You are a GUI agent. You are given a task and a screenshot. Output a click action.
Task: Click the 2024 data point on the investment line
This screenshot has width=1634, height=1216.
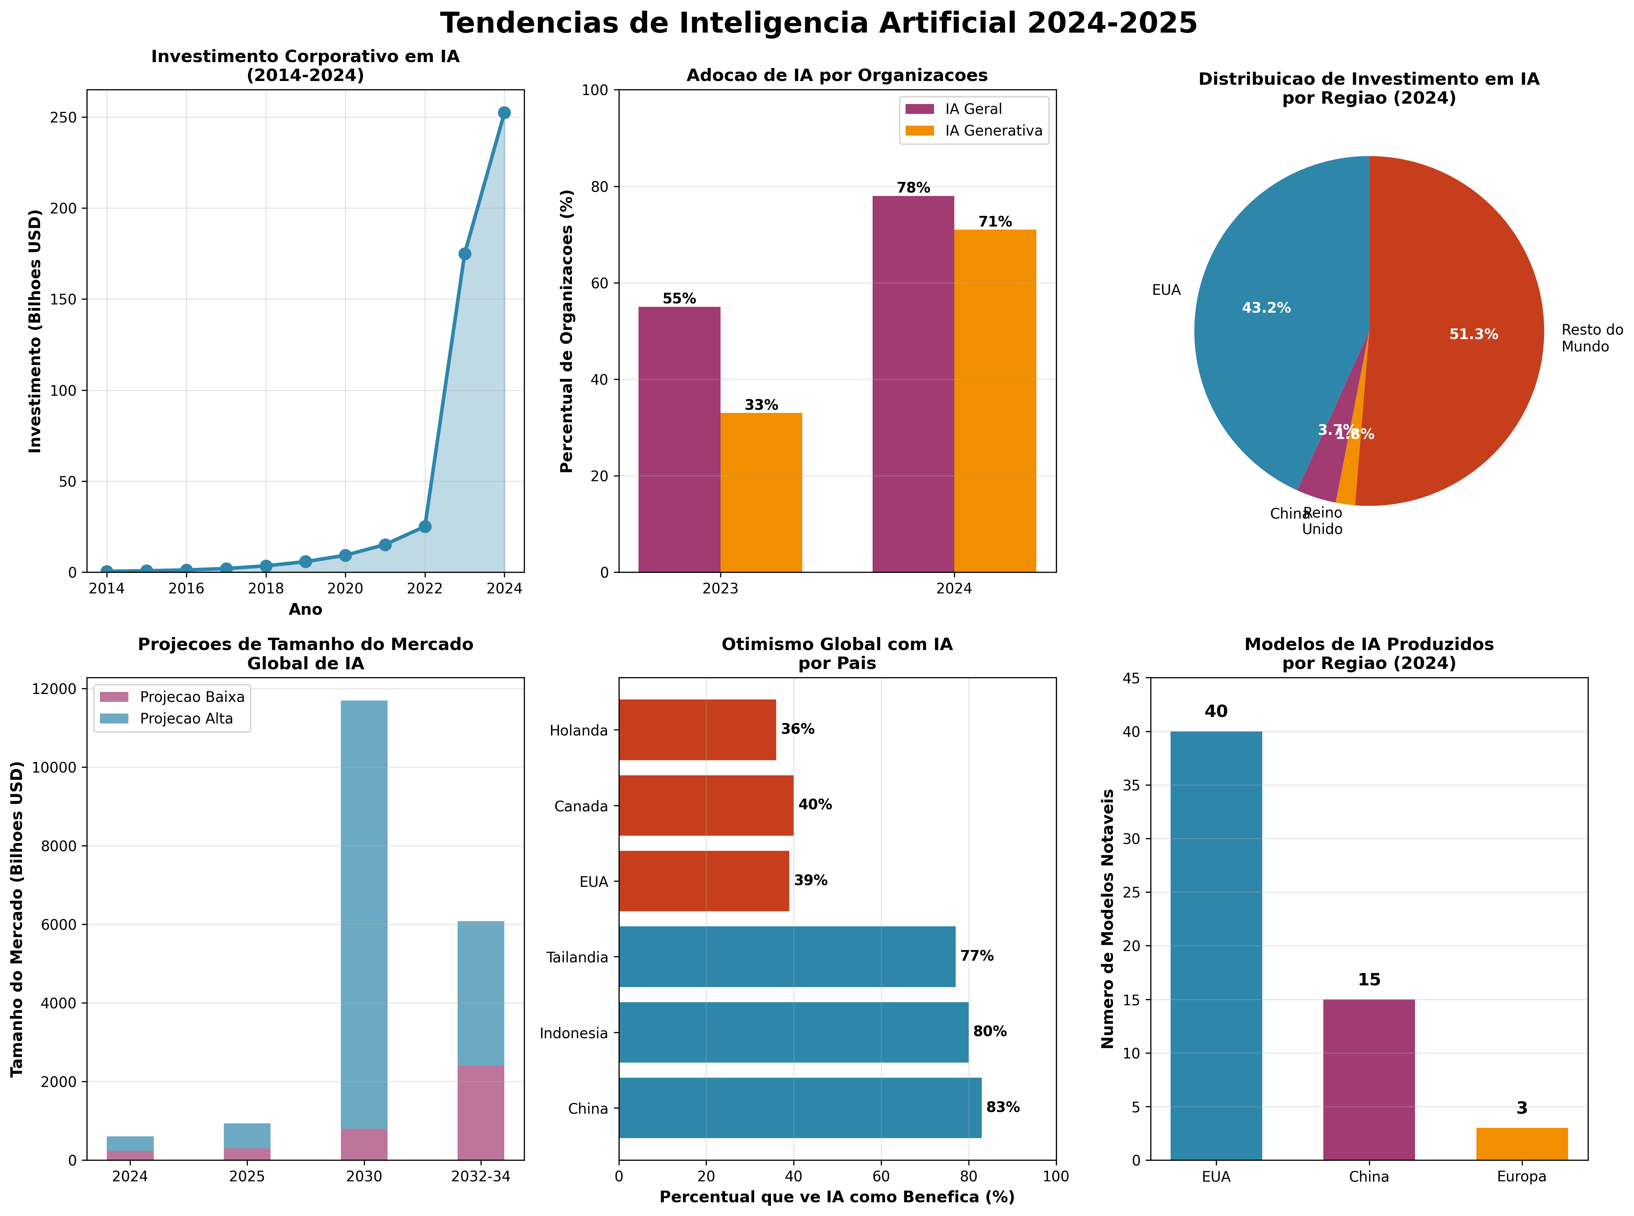tap(504, 113)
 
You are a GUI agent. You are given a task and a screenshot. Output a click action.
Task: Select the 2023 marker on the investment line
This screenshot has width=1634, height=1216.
tap(464, 254)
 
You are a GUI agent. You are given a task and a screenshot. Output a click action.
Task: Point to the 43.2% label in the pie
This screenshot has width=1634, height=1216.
tap(1266, 308)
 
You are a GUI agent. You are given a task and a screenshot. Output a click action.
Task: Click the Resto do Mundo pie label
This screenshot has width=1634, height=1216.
tap(1591, 339)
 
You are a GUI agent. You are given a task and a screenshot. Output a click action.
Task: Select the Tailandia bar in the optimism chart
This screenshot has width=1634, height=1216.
tap(786, 957)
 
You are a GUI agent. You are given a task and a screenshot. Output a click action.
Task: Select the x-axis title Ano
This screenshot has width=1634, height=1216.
tap(305, 610)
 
